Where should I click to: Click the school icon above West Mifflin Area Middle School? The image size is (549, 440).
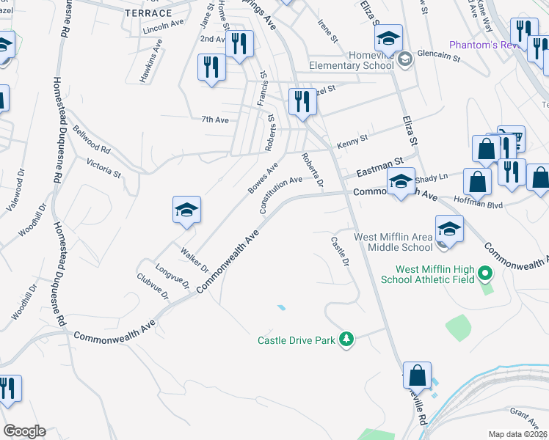(x=448, y=229)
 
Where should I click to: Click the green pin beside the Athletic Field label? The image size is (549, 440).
(x=484, y=275)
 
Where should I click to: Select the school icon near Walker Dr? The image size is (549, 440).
(x=186, y=211)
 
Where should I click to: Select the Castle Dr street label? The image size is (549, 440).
(x=340, y=251)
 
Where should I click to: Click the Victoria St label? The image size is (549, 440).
(x=103, y=168)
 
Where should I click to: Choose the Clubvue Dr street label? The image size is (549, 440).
(x=153, y=286)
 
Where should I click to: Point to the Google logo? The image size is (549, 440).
(x=24, y=431)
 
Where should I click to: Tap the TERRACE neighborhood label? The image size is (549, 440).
(x=148, y=13)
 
